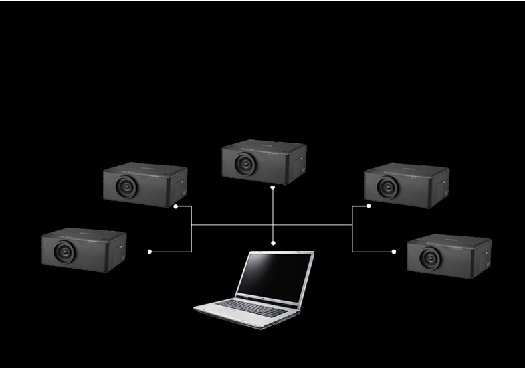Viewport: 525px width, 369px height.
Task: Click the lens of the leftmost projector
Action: coord(64,251)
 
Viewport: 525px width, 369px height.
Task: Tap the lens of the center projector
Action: coord(245,163)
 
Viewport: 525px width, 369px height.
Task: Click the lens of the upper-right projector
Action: coord(389,186)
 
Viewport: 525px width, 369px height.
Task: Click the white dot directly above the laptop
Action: coord(273,244)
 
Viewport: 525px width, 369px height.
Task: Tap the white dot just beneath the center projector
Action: coord(273,187)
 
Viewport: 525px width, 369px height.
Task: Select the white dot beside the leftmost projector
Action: coord(150,252)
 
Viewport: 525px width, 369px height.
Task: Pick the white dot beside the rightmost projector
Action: coord(394,252)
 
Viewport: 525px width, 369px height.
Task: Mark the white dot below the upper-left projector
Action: coord(175,206)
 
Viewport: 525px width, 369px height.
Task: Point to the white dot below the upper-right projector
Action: coord(369,206)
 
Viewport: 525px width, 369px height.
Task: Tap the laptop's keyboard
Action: coord(253,306)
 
